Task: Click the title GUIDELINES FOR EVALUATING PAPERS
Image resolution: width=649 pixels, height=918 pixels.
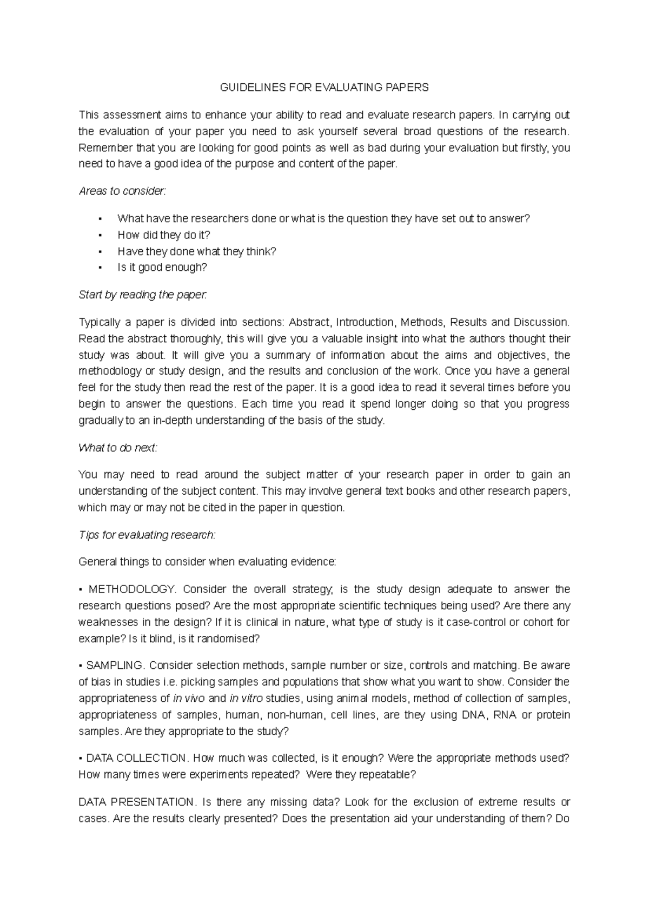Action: click(x=323, y=87)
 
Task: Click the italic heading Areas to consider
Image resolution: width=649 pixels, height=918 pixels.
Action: click(x=123, y=191)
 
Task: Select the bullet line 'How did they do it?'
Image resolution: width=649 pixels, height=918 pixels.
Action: click(x=163, y=235)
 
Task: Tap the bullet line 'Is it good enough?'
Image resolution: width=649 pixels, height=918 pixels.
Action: click(x=162, y=268)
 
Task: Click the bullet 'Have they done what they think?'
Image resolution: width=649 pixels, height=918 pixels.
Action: click(x=197, y=251)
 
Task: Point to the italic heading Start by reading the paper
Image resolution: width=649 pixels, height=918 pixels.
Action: click(x=143, y=295)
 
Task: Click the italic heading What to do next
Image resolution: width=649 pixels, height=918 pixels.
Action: click(x=118, y=448)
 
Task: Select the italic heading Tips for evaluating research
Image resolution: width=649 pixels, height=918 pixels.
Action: click(x=147, y=535)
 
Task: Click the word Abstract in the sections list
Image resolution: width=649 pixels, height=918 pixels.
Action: click(x=309, y=323)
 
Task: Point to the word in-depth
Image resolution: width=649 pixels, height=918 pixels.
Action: click(x=171, y=421)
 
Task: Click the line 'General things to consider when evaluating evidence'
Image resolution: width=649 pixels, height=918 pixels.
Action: click(x=207, y=562)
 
